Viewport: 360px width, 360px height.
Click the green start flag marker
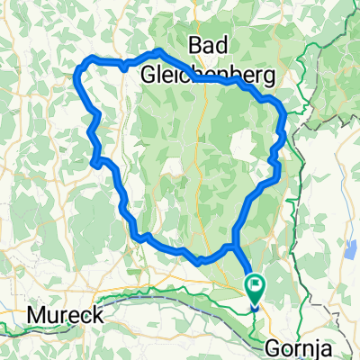point(255,288)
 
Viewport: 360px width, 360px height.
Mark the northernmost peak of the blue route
point(158,51)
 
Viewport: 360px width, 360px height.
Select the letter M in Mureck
point(36,316)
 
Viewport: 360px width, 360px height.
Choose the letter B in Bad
point(195,46)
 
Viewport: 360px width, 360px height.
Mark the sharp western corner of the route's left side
point(94,163)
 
